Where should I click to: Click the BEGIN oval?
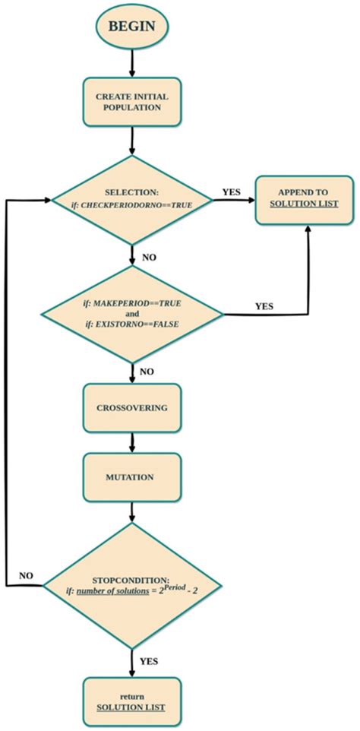pyautogui.click(x=132, y=26)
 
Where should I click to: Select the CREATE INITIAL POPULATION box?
pyautogui.click(x=133, y=102)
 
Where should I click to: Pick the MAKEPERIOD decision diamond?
pyautogui.click(x=134, y=312)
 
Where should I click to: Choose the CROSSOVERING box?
pyautogui.click(x=133, y=408)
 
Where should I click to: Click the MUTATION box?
pyautogui.click(x=133, y=478)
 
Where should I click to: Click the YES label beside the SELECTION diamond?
pyautogui.click(x=231, y=191)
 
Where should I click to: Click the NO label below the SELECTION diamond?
pyautogui.click(x=149, y=258)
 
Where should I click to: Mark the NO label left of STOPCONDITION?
pyautogui.click(x=27, y=574)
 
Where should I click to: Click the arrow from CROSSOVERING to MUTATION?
pyautogui.click(x=133, y=443)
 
